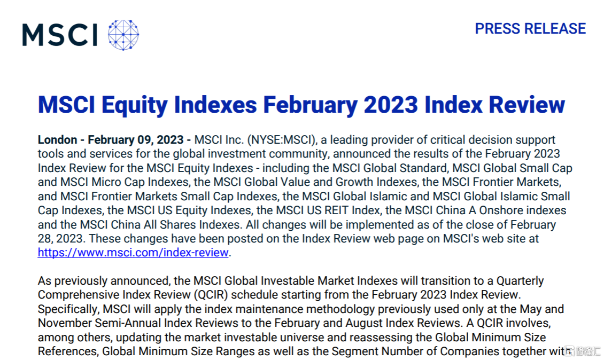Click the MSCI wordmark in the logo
coord(60,35)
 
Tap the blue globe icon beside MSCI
coord(123,35)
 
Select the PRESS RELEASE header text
coord(530,29)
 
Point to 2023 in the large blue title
coord(391,105)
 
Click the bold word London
coord(57,140)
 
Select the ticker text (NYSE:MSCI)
coord(282,140)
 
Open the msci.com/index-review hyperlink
coord(133,253)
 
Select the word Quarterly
coord(520,281)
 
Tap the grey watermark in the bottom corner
coord(583,351)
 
